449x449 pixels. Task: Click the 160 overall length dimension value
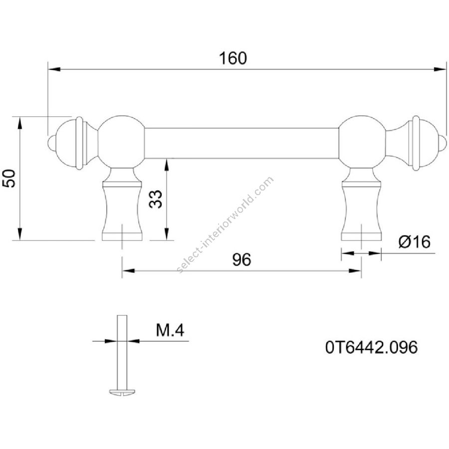tap(232, 58)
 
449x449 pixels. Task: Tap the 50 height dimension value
tap(9, 179)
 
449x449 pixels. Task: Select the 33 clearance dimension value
tap(156, 199)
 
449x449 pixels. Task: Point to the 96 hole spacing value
tap(241, 259)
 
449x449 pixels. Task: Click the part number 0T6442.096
tap(371, 347)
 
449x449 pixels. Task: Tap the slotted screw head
tap(122, 392)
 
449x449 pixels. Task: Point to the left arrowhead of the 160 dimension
tap(54, 69)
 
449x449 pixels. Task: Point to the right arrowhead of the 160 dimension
tap(440, 69)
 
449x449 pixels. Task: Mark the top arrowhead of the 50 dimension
tap(19, 123)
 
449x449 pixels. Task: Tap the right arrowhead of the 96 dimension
tap(355, 270)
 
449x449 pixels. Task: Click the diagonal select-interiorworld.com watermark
tap(225, 225)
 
